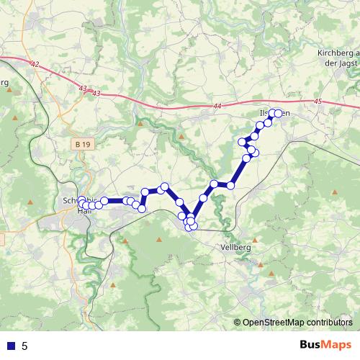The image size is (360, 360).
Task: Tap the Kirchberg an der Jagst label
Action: tap(337, 58)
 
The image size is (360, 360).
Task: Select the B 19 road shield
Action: tap(83, 145)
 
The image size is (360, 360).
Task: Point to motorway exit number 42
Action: tap(35, 64)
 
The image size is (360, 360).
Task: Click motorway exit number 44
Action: tap(217, 106)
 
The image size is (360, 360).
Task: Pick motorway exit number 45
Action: tap(318, 102)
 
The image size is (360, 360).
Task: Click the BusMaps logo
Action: tap(325, 345)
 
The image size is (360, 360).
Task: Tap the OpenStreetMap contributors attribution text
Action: tap(297, 323)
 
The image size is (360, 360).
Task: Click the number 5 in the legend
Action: tap(24, 346)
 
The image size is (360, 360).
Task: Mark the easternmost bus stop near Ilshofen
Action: tap(278, 113)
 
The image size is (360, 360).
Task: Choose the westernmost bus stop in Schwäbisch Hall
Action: tap(81, 204)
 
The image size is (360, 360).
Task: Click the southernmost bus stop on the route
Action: tap(189, 228)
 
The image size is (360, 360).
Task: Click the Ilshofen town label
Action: tap(274, 114)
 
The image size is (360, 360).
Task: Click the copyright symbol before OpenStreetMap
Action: tap(237, 323)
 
